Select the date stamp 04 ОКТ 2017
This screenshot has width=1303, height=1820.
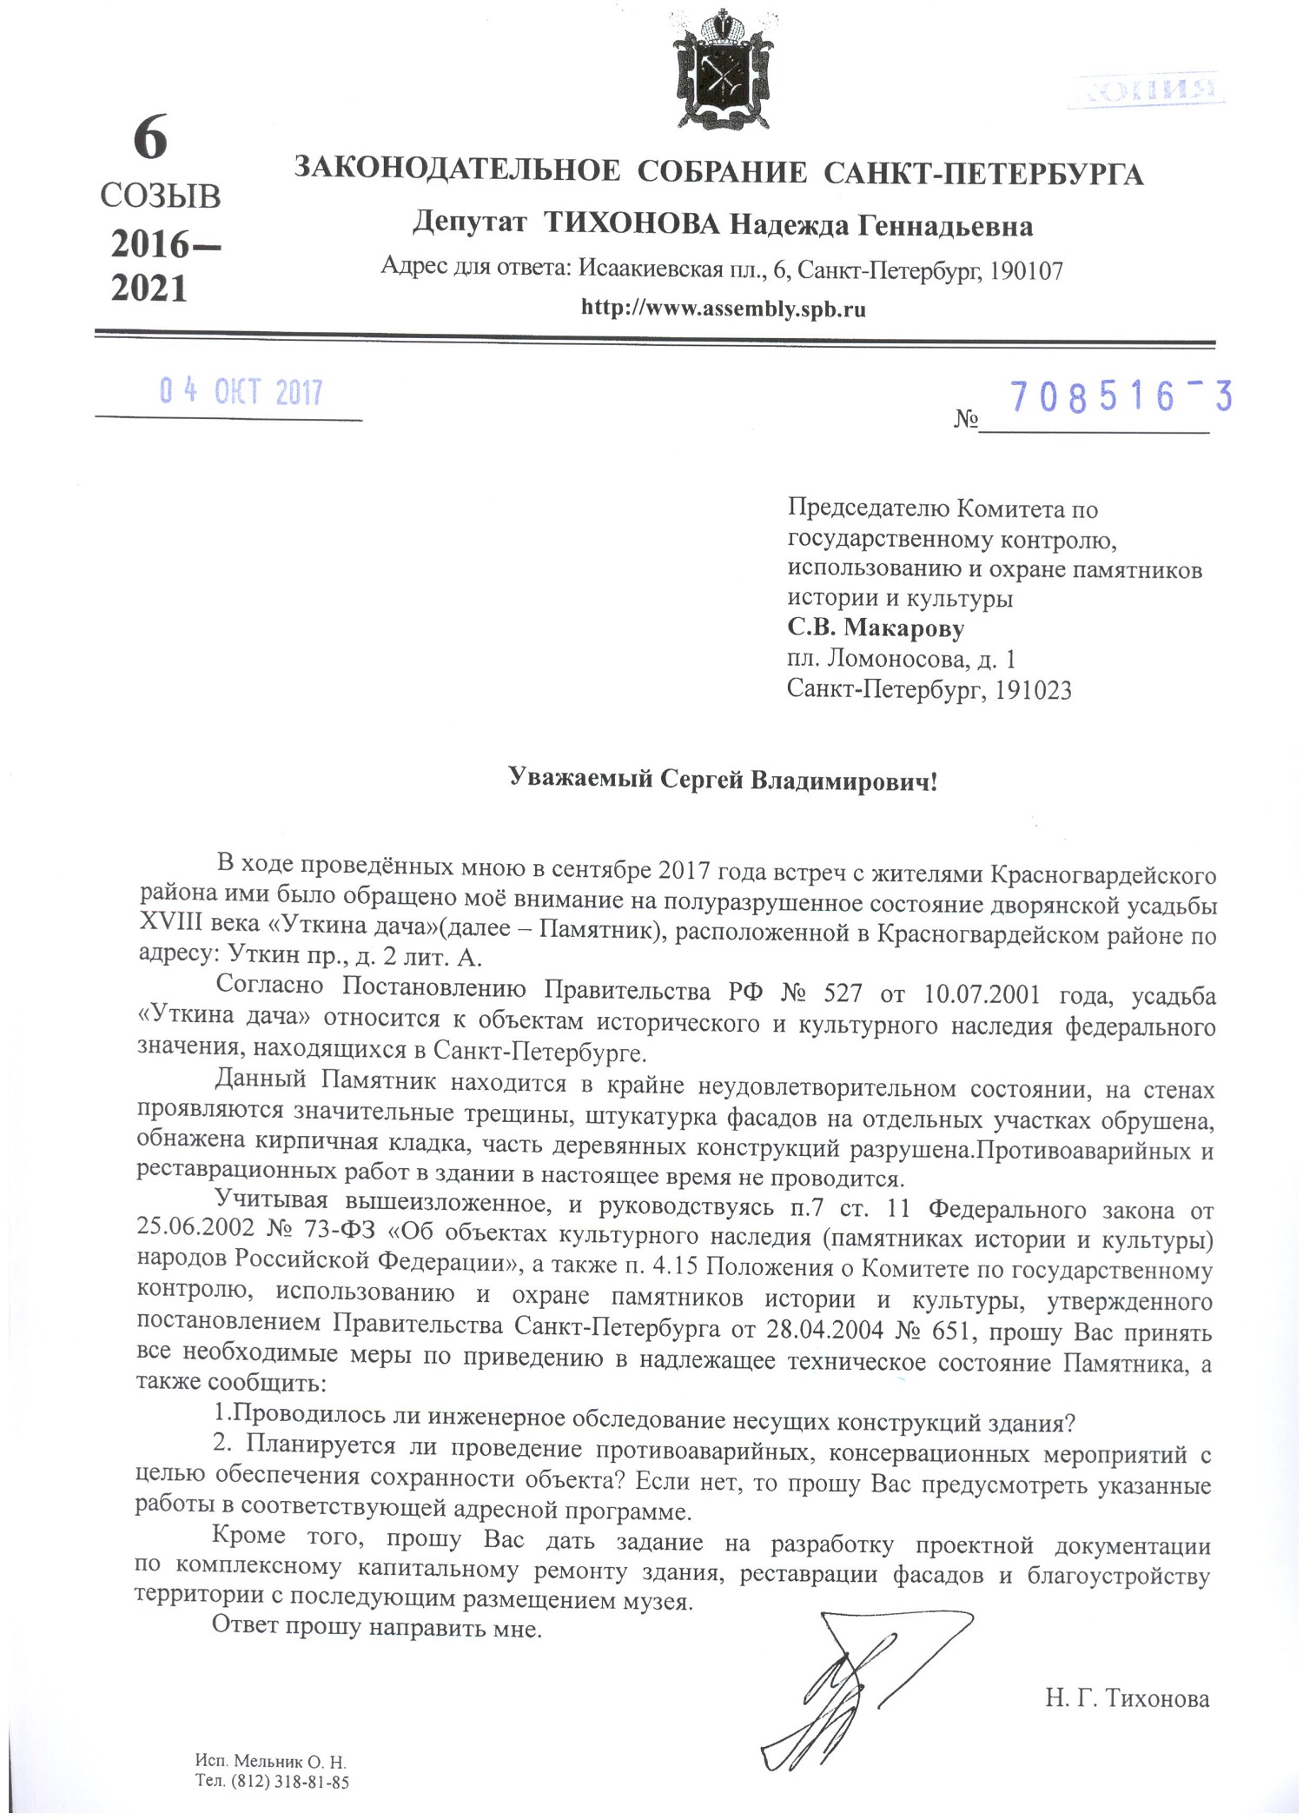(x=241, y=393)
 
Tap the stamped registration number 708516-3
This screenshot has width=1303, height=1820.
(x=1121, y=397)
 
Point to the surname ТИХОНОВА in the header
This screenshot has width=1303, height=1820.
(x=632, y=226)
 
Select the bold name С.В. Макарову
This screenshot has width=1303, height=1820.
(x=876, y=627)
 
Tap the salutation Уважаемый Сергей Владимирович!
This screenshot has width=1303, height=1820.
(x=723, y=780)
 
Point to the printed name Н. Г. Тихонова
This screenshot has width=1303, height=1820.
(x=1127, y=1697)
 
